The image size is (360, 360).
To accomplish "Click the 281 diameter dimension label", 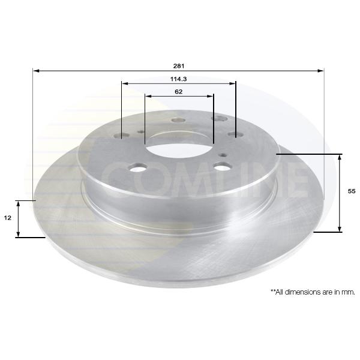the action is point(179,66).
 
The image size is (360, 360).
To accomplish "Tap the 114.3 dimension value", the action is point(179,79).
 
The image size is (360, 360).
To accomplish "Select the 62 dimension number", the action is point(179,92).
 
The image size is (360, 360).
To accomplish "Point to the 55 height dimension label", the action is point(352,191).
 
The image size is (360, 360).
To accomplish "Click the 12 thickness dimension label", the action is point(8,218).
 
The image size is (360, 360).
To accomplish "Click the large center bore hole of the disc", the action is point(179,147).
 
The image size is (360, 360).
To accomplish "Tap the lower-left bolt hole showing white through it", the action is point(138,167).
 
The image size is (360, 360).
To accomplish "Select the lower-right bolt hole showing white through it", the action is point(222,166).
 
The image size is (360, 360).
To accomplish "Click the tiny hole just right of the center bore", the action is point(223,155).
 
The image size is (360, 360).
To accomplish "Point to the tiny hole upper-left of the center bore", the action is point(141,132).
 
